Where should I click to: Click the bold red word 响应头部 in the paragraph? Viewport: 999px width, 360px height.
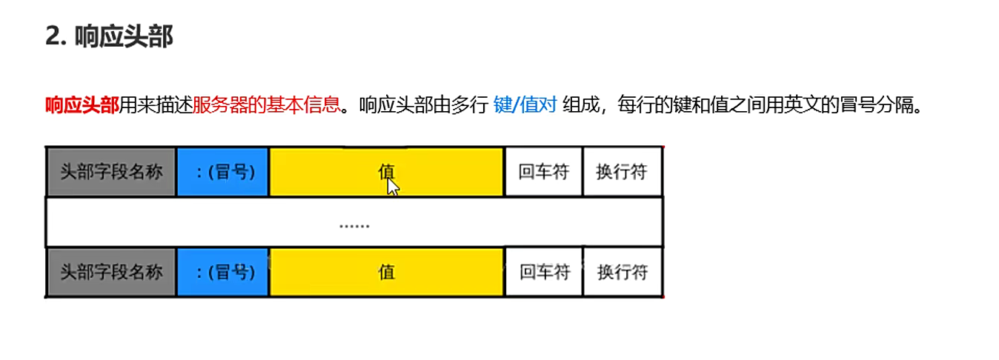pos(82,105)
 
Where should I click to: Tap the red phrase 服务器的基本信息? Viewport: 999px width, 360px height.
pos(266,105)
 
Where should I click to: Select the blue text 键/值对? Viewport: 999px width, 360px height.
pos(525,105)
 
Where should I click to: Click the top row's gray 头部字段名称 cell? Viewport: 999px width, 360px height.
pos(111,172)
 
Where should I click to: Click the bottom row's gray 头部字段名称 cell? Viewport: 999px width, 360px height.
pos(111,272)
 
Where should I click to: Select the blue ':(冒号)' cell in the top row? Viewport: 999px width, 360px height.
pos(222,172)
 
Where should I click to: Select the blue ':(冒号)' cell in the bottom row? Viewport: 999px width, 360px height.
pos(222,272)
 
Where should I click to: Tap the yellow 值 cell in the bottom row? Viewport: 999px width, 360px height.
pos(386,272)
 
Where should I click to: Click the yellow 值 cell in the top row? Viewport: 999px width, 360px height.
pos(386,172)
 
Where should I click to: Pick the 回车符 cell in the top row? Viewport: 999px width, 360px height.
pos(544,172)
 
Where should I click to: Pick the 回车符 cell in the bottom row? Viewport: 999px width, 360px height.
pos(544,272)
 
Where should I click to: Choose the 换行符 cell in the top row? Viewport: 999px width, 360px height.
pos(622,172)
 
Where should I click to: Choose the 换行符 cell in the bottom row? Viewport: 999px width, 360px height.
pos(622,272)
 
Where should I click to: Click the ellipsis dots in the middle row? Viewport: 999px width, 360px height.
pos(354,224)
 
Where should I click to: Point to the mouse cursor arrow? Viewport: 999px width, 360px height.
pos(393,187)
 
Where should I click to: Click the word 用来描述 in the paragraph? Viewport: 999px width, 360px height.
pos(156,105)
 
